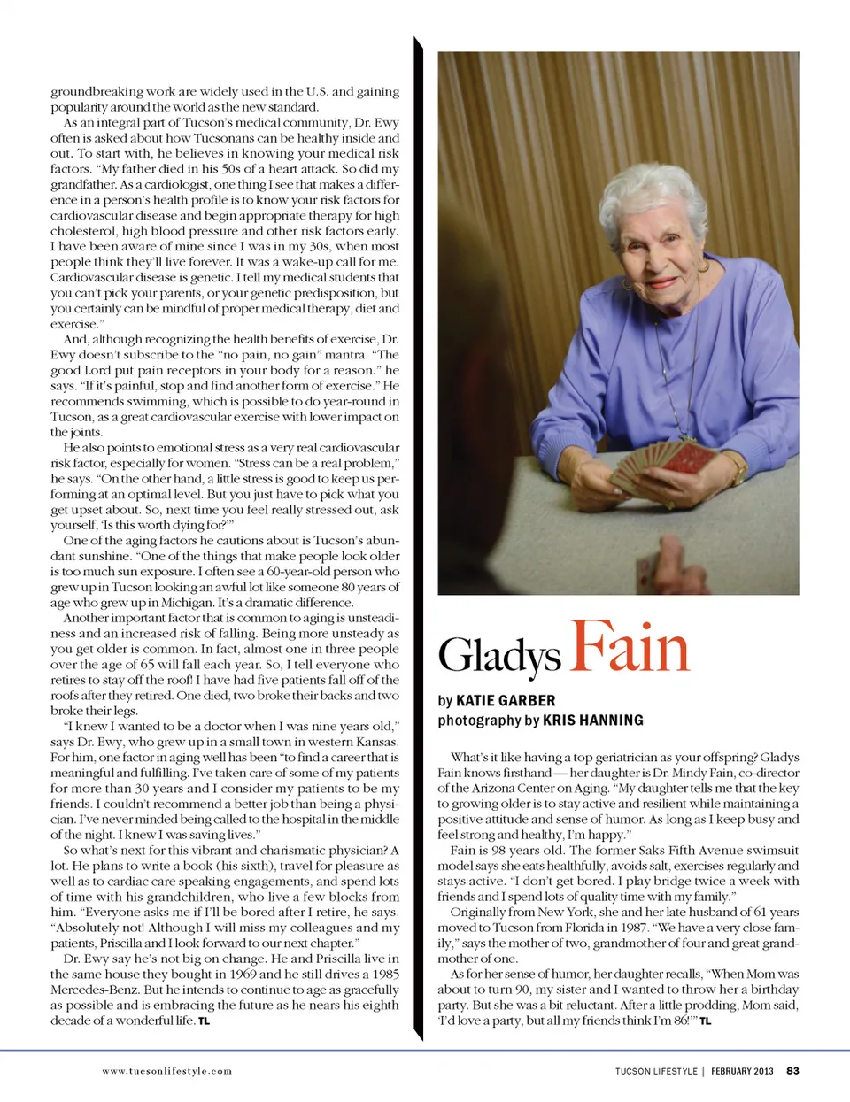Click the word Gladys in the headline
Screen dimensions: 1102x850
coord(499,656)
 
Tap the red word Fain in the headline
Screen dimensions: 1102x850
coord(630,647)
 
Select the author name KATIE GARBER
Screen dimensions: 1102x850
coord(506,701)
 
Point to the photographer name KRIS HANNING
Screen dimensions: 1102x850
coord(592,721)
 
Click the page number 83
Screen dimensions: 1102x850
coord(792,1071)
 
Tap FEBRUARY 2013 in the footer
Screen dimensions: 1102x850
coord(742,1071)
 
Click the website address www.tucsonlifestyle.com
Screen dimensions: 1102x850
coord(166,1071)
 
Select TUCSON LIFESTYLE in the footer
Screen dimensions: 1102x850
coord(656,1071)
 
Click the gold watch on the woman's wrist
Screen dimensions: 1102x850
coord(738,469)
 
